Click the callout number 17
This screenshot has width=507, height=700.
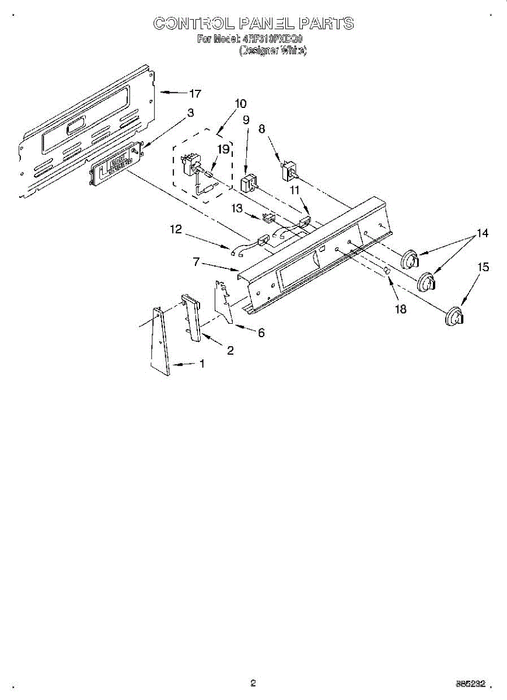pos(195,93)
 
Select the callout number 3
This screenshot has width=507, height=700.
pos(191,113)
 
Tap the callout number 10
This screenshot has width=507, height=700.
pos(240,104)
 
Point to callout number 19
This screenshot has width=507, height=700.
pos(222,149)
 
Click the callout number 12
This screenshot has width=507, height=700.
pos(176,230)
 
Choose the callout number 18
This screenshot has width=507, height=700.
pos(401,309)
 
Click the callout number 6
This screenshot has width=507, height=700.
pos(261,332)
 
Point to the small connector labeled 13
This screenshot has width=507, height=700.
pos(269,219)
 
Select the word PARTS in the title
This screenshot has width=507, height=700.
pos(326,23)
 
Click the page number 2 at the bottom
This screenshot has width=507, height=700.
pos(253,682)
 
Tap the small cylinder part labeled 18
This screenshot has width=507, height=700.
pos(386,271)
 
